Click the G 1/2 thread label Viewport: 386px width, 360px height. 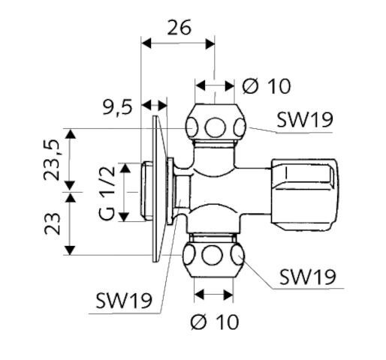(x=107, y=193)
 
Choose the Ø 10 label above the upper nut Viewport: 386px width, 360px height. (x=267, y=86)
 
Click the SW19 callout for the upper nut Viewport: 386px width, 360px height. (x=305, y=119)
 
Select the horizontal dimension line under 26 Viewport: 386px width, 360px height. (x=178, y=43)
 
